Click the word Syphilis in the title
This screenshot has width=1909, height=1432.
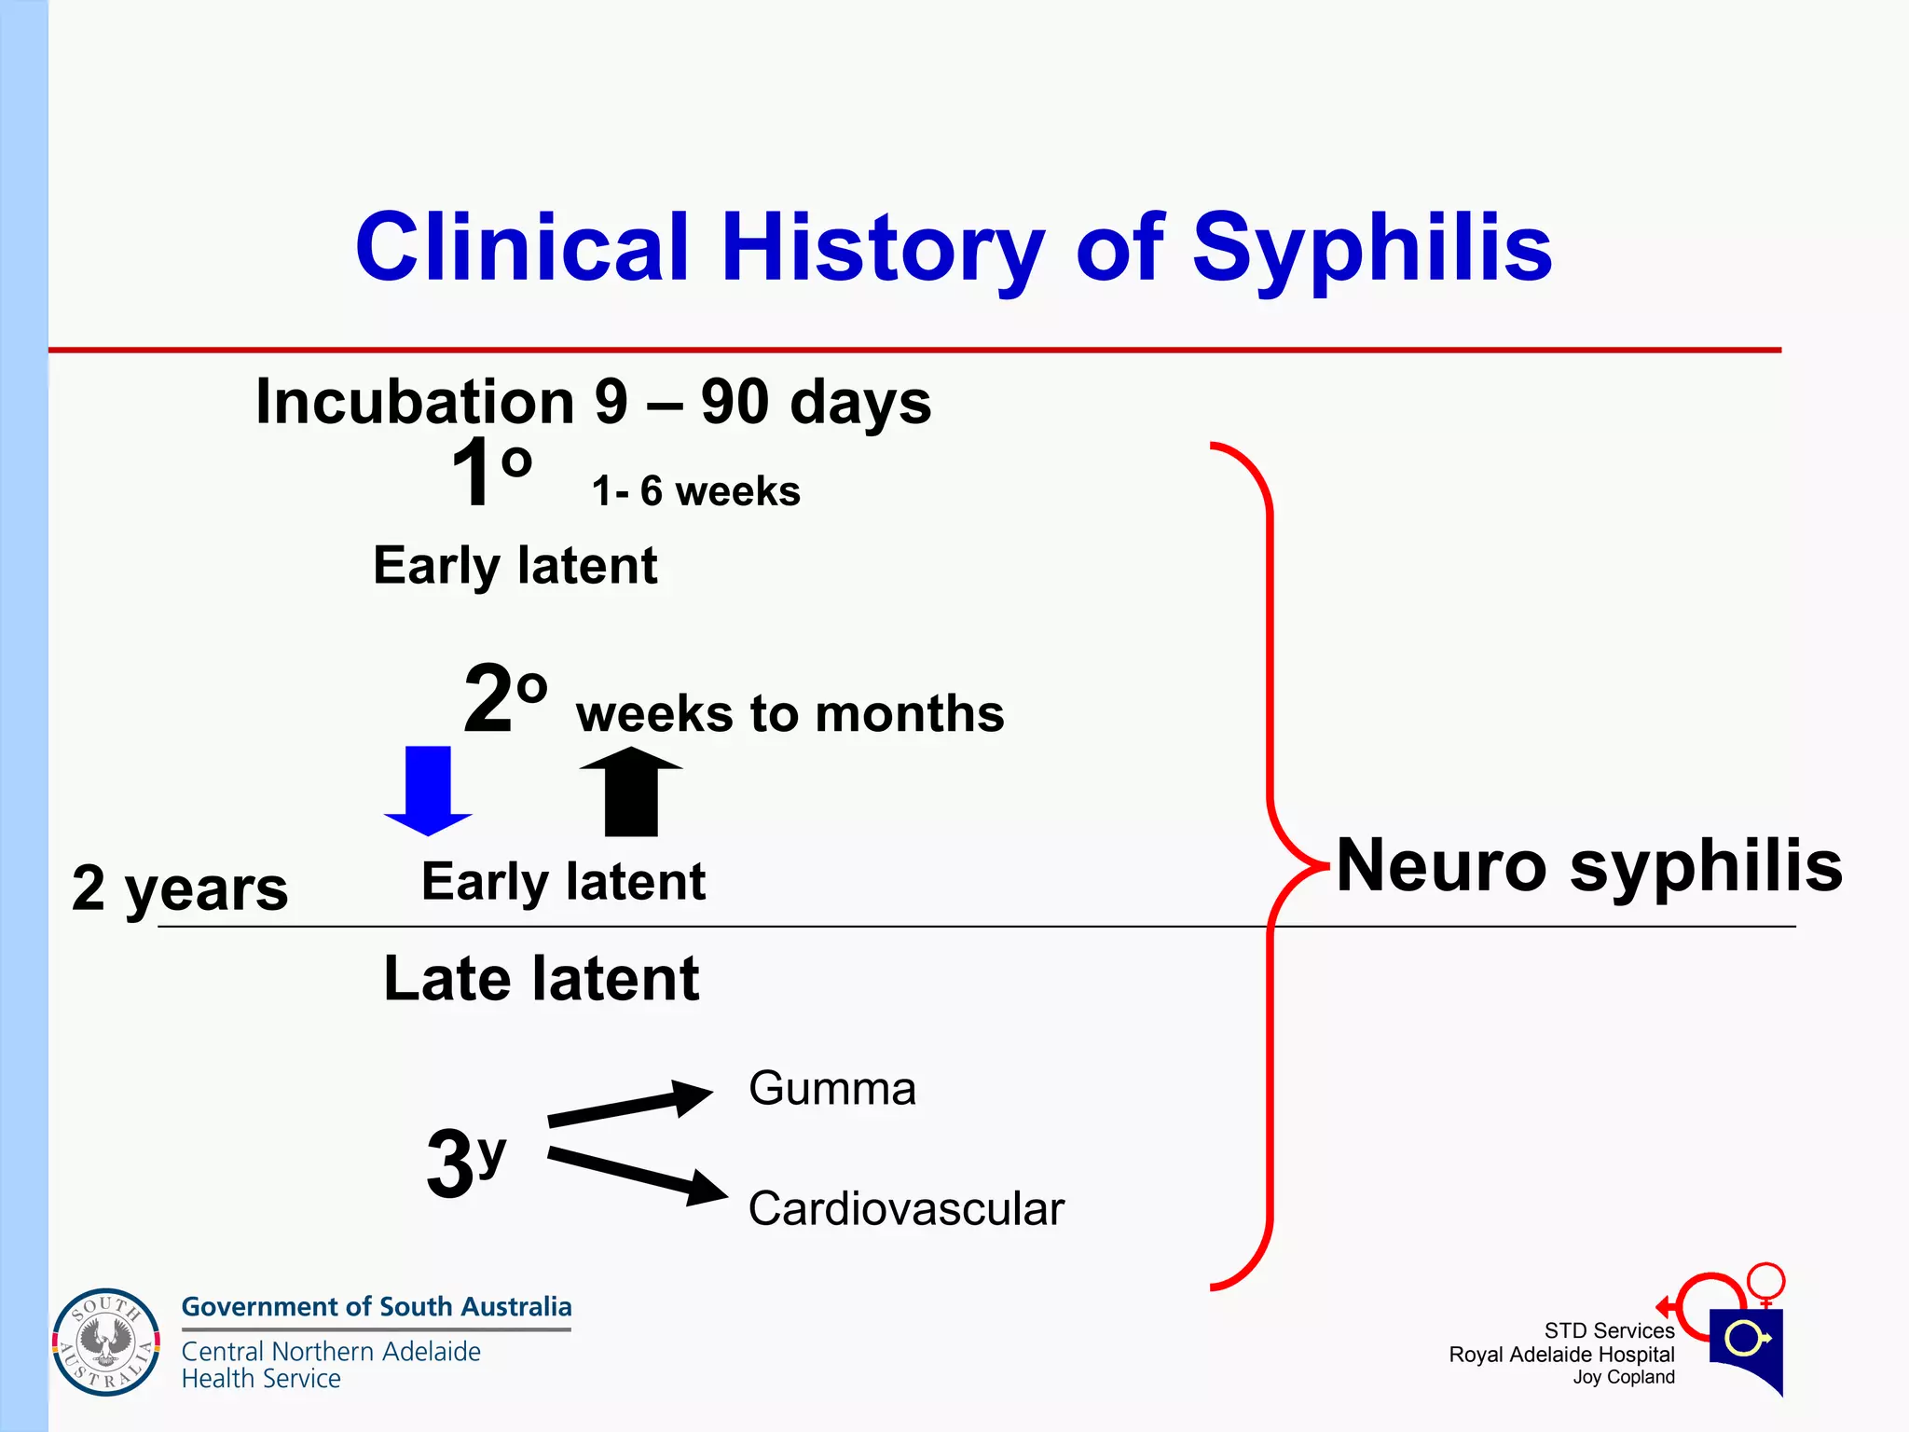[x=1371, y=247]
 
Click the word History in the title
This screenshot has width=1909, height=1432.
[x=882, y=247]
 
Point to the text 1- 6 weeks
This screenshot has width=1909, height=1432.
[x=695, y=491]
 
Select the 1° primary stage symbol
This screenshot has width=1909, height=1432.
[x=490, y=473]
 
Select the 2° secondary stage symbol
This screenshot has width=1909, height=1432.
[x=504, y=698]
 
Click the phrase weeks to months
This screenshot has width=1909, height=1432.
[x=790, y=714]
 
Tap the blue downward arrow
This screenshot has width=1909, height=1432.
[x=428, y=790]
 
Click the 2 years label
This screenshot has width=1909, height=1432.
[x=180, y=888]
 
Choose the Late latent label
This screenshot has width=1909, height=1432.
[x=541, y=979]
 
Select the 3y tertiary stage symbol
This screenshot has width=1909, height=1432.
[x=465, y=1162]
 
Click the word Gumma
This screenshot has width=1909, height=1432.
[x=831, y=1089]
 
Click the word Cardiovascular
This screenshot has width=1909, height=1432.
[x=905, y=1209]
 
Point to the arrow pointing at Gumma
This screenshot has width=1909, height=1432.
[x=631, y=1104]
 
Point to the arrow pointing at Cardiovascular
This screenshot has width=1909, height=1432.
[x=638, y=1176]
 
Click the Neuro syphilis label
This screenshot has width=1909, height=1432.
[x=1588, y=866]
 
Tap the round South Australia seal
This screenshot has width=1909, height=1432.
[x=106, y=1342]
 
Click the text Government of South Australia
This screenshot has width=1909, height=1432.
[x=376, y=1307]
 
